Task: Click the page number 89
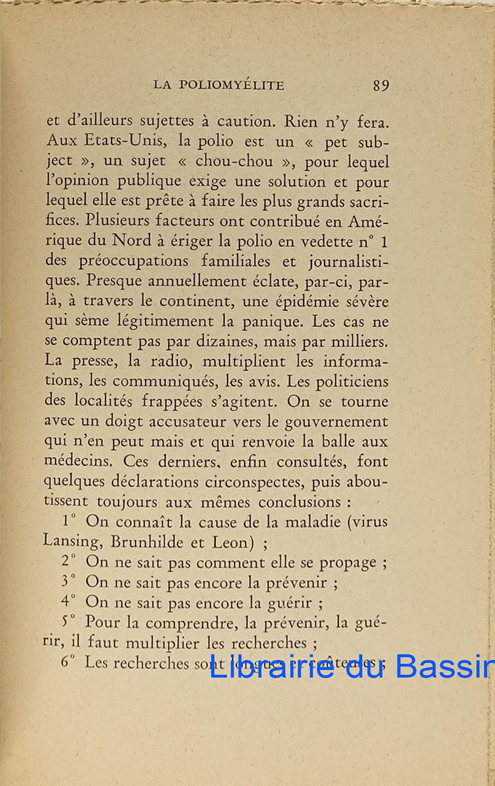point(381,85)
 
